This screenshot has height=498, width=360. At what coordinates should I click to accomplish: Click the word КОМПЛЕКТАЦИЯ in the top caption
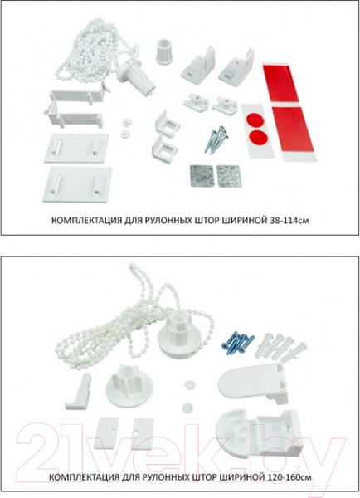pyautogui.click(x=78, y=222)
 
